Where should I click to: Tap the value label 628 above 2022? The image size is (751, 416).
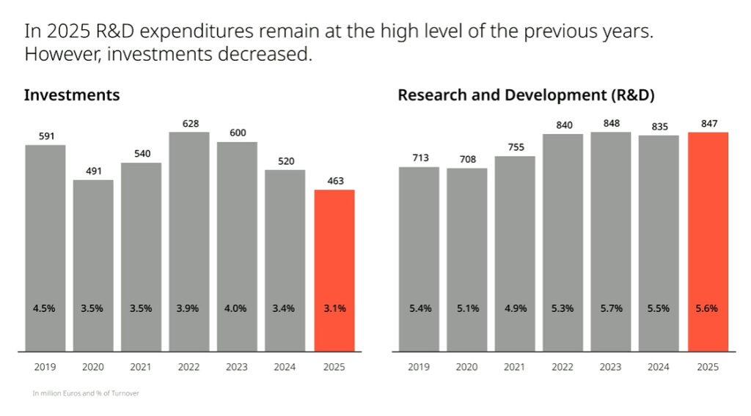tap(189, 124)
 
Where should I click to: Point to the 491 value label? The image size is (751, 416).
tap(93, 171)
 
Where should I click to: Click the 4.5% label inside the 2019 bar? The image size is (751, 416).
tap(45, 308)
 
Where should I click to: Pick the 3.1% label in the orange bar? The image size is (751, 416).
tap(334, 308)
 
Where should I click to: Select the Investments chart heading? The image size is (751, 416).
tap(72, 95)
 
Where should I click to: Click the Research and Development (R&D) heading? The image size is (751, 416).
tap(526, 95)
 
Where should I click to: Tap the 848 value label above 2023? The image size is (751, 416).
tap(610, 124)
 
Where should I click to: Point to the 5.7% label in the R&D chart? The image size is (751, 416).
tap(610, 308)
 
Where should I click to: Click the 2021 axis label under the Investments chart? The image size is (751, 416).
tap(141, 366)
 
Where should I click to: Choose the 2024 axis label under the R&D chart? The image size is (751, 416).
tap(659, 366)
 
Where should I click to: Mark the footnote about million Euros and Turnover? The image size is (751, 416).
tap(86, 393)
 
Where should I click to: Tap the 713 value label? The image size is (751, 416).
tap(419, 158)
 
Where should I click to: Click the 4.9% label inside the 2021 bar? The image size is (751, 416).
tap(515, 308)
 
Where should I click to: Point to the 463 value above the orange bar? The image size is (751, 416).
tap(334, 181)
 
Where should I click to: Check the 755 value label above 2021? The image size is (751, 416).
tap(515, 147)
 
